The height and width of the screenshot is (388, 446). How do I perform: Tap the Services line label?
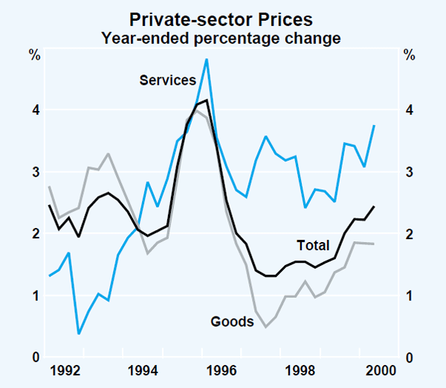pos(167,80)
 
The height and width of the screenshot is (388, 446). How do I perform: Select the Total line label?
pos(313,245)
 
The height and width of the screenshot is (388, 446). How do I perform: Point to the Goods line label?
pos(232,322)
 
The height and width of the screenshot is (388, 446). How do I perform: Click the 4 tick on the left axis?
pos(35,110)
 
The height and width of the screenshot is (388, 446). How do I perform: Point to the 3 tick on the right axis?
pos(408,172)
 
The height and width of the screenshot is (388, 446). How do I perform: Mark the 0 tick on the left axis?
pos(35,358)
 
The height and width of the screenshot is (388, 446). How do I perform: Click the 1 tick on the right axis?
pos(408,296)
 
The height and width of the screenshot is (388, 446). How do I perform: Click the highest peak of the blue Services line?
pos(206,60)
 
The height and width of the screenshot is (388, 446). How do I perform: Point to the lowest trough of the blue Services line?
pos(79,333)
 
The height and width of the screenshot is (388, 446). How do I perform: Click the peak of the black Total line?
pos(206,100)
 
